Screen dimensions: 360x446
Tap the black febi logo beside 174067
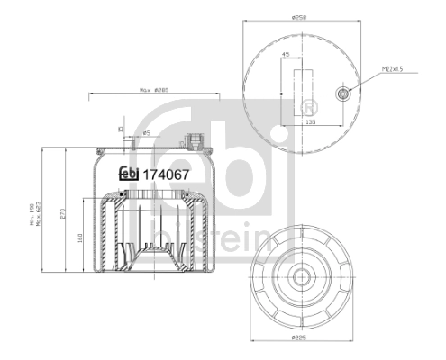click(129, 175)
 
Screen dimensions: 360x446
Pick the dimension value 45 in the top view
click(287, 56)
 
